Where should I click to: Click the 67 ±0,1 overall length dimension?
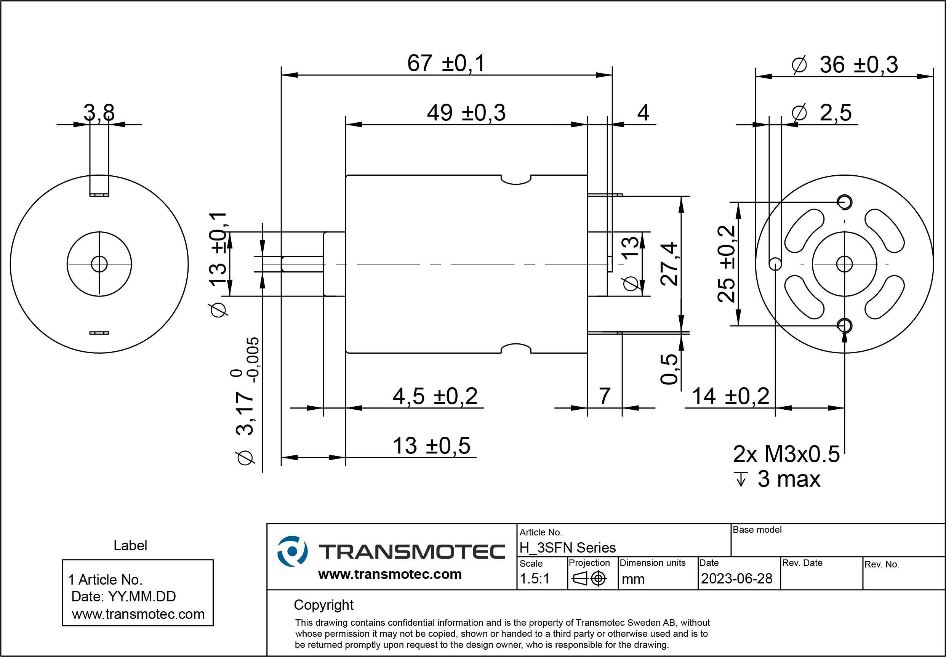pyautogui.click(x=446, y=63)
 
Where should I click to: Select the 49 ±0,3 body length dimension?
pyautogui.click(x=466, y=113)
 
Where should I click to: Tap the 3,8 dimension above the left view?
pyautogui.click(x=99, y=112)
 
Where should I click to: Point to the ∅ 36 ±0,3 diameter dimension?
pyautogui.click(x=844, y=65)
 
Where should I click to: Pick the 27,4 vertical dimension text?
pyautogui.click(x=669, y=264)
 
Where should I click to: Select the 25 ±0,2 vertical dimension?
pyautogui.click(x=726, y=264)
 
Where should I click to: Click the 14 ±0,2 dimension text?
pyautogui.click(x=730, y=396)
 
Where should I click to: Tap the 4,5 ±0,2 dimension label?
pyautogui.click(x=435, y=396)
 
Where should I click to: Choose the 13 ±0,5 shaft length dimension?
pyautogui.click(x=431, y=446)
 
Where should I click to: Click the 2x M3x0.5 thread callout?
pyautogui.click(x=786, y=454)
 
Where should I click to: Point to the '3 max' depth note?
pyautogui.click(x=789, y=479)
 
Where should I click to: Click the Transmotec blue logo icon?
pyautogui.click(x=292, y=551)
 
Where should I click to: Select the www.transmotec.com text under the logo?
pyautogui.click(x=390, y=574)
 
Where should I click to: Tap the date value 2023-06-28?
pyautogui.click(x=736, y=579)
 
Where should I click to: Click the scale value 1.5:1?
pyautogui.click(x=534, y=579)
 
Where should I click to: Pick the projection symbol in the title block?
pyautogui.click(x=589, y=579)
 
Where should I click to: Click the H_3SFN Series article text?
pyautogui.click(x=567, y=548)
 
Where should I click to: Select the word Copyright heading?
pyautogui.click(x=323, y=605)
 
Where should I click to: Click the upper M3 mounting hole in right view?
pyautogui.click(x=844, y=202)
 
